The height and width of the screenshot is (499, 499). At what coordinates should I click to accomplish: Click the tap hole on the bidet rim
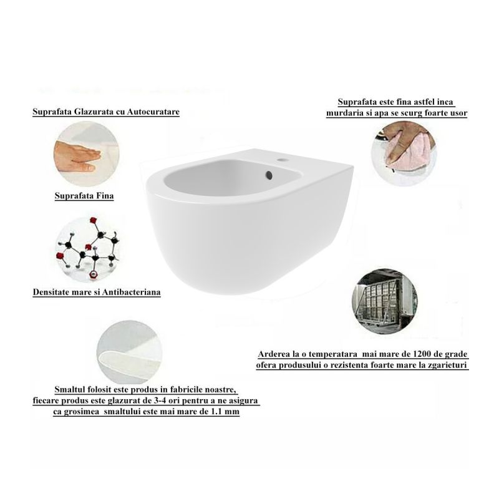(281, 159)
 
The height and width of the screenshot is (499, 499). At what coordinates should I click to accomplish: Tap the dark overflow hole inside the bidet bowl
(269, 175)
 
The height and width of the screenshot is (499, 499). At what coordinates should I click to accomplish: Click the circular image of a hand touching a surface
(86, 153)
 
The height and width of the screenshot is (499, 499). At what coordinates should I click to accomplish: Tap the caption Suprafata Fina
(84, 195)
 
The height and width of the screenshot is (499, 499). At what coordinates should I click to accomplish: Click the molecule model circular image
(88, 249)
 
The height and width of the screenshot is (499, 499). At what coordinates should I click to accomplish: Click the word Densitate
(51, 292)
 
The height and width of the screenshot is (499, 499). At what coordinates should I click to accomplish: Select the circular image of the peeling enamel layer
(130, 352)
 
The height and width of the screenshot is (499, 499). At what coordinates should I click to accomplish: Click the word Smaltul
(69, 389)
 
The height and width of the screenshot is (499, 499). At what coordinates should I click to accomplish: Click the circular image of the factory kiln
(385, 303)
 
